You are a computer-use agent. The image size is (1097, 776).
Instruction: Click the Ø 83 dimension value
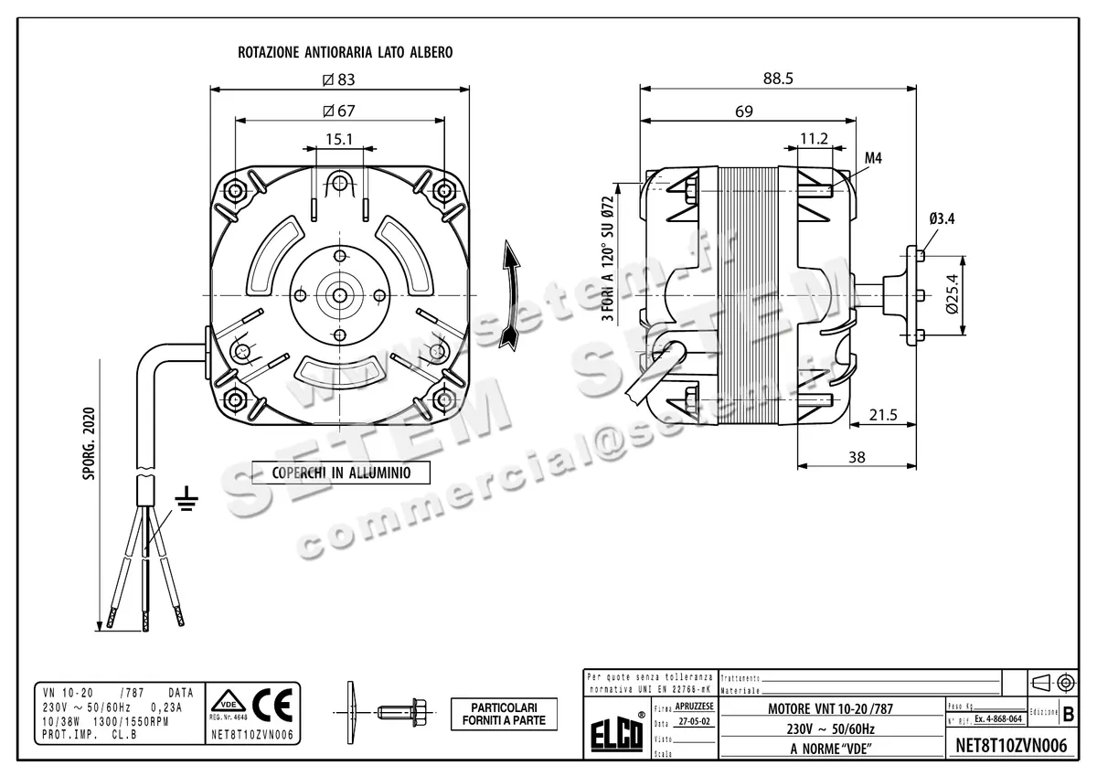point(338,80)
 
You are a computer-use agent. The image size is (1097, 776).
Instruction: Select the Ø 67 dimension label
point(338,111)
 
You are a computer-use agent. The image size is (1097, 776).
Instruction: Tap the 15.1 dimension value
point(338,140)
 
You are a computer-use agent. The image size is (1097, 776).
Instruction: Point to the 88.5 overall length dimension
point(777,80)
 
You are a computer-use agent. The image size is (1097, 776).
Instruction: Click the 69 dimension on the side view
point(743,112)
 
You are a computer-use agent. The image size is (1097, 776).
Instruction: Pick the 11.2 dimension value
point(813,138)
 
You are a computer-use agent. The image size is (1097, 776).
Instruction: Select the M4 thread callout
point(873,158)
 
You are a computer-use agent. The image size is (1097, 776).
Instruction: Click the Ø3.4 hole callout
point(943,218)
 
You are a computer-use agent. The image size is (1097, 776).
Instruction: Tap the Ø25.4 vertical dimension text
point(952,293)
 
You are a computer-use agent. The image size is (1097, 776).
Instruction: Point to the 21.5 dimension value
point(881,415)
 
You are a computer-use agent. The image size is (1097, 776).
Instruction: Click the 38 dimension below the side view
point(857,457)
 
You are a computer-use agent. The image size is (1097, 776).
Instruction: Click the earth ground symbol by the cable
point(187,499)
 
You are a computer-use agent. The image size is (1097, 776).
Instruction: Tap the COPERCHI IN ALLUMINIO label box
point(339,473)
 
